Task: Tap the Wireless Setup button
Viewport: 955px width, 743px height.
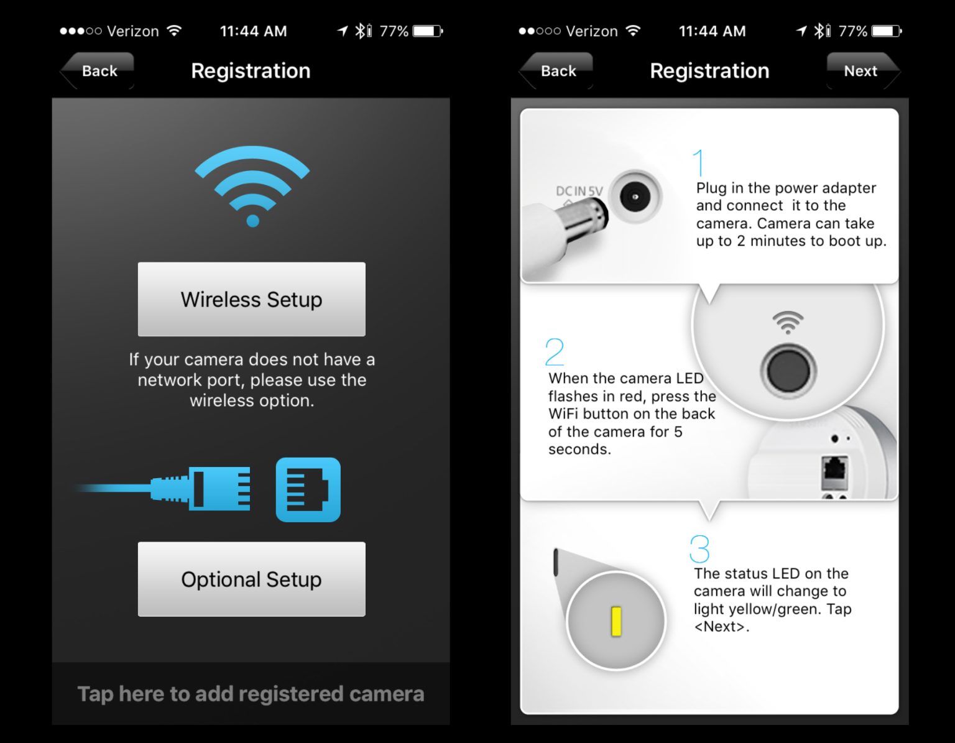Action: point(251,299)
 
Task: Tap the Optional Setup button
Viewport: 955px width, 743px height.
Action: point(251,579)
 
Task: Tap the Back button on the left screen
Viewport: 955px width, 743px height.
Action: point(98,71)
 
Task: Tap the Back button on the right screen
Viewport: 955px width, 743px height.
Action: point(557,71)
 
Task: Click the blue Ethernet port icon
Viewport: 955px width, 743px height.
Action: point(308,489)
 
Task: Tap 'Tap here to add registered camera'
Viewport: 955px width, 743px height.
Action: point(251,694)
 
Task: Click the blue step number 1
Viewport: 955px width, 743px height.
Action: point(699,162)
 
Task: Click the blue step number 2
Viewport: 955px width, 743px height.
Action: point(554,352)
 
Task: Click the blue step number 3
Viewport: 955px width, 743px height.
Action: point(699,549)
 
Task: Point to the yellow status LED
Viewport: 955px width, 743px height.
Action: point(616,621)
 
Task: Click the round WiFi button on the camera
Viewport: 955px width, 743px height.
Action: point(788,371)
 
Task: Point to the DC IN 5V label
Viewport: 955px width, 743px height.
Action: point(579,191)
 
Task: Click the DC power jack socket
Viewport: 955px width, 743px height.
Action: point(635,197)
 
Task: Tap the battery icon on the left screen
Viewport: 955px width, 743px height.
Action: point(427,31)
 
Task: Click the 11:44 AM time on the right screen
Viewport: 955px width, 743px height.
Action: point(712,31)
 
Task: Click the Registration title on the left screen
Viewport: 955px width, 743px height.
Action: point(251,71)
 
